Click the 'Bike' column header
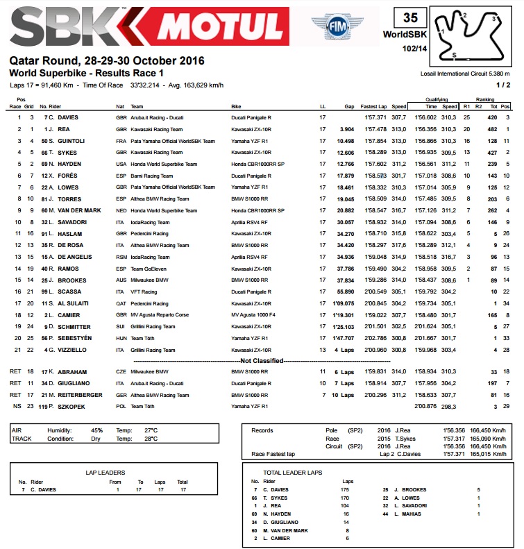coord(237,106)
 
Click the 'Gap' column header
coord(348,106)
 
